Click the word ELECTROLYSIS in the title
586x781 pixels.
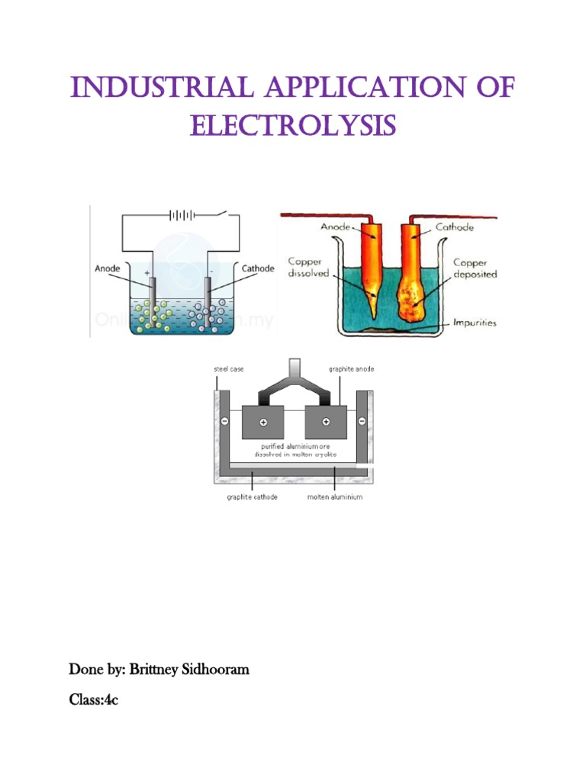pyautogui.click(x=293, y=125)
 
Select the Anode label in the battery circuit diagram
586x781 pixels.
pyautogui.click(x=108, y=268)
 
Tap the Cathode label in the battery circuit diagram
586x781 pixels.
pyautogui.click(x=257, y=268)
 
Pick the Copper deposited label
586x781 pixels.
pyautogui.click(x=475, y=268)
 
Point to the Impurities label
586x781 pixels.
pyautogui.click(x=474, y=323)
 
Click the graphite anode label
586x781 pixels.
pyautogui.click(x=351, y=370)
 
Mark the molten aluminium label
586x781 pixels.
pyautogui.click(x=335, y=497)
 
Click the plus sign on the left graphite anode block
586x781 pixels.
pyautogui.click(x=263, y=421)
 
